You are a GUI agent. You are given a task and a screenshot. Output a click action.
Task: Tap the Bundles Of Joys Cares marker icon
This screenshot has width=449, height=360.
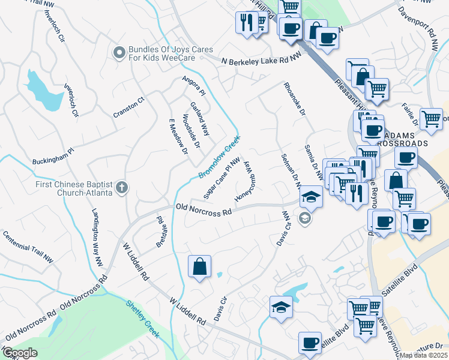coord(119,53)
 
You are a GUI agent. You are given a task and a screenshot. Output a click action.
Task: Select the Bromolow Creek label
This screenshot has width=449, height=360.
coord(220,157)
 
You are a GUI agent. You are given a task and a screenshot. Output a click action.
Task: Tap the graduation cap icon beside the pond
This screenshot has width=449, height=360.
coord(280,307)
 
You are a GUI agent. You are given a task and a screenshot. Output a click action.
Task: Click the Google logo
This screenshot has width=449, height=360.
coord(20,353)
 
